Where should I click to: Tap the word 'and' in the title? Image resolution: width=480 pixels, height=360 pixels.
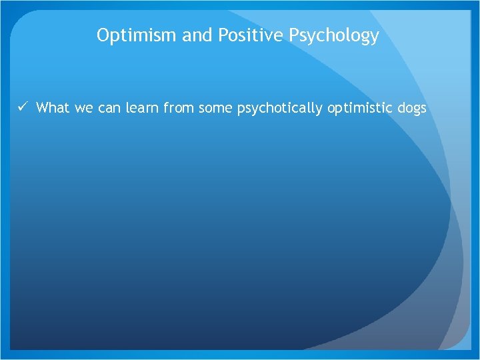(196, 35)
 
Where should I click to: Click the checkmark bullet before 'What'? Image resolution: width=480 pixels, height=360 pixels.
(23, 107)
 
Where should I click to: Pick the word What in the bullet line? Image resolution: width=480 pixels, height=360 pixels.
(53, 108)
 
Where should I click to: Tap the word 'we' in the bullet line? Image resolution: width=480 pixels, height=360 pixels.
(84, 108)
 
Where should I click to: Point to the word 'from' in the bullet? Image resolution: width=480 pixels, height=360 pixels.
(178, 108)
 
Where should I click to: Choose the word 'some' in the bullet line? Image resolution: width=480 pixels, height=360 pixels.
(215, 108)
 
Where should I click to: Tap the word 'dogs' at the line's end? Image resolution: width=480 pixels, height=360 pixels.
(411, 109)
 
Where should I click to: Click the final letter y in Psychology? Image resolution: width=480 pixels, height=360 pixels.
(375, 38)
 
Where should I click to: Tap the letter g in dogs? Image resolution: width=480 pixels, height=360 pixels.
(415, 110)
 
